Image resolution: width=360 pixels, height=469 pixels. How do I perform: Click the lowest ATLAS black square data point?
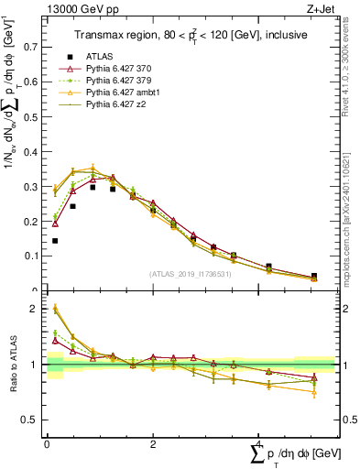55,241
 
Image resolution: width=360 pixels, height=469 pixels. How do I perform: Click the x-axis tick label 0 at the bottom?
47,442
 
